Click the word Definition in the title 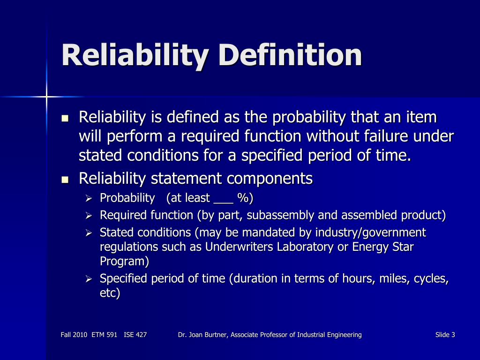[290, 55]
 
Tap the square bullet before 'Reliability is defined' [65, 118]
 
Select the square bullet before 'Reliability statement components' [65, 180]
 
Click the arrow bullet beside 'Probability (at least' [90, 199]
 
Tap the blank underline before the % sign [223, 199]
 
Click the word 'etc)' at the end [110, 294]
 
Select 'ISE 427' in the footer [135, 335]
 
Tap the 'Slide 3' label [445, 335]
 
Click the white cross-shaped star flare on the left [47, 97]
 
